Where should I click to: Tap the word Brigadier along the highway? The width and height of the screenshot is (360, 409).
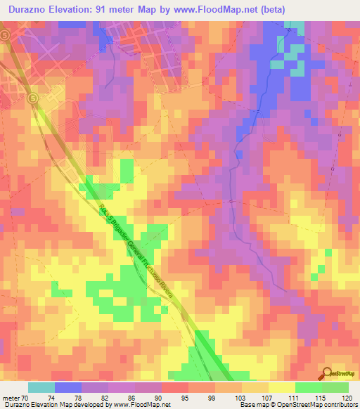[116, 226]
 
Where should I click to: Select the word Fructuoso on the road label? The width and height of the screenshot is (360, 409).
[148, 268]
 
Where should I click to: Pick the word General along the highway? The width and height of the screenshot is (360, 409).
[133, 247]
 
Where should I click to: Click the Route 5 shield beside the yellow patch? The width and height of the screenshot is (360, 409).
[32, 99]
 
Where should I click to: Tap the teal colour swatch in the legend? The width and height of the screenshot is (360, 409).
[41, 387]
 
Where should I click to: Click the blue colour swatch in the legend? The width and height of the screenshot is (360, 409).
[68, 387]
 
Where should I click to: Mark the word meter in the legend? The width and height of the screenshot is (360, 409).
[11, 398]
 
